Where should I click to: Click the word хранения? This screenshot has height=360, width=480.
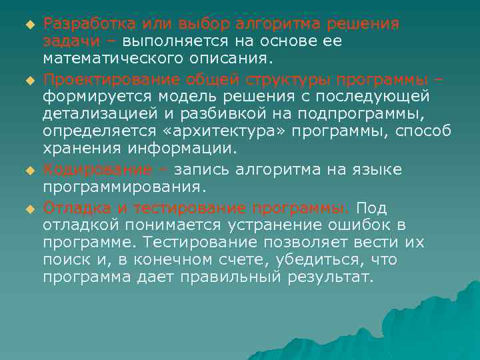(81, 147)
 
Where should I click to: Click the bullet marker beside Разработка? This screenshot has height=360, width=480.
(29, 25)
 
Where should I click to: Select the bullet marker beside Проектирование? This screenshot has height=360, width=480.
(29, 81)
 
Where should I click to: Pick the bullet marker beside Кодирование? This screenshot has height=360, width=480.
(29, 170)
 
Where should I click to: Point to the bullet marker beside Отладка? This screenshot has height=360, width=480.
(29, 209)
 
